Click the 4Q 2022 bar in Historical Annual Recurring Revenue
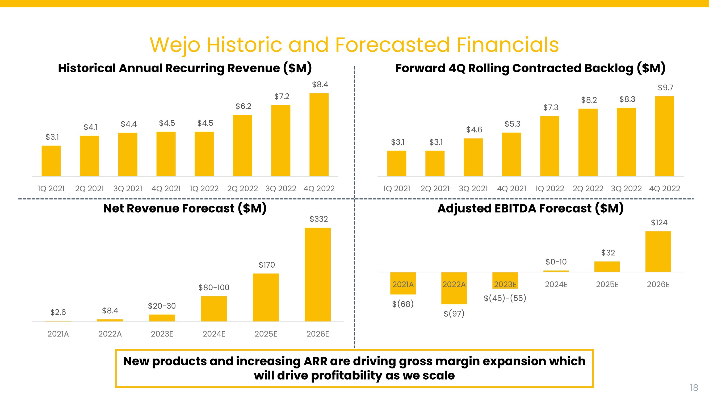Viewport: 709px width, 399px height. [x=319, y=135]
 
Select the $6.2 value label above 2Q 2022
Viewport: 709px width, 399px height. [x=243, y=106]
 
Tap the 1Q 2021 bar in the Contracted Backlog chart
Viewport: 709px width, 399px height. [x=396, y=163]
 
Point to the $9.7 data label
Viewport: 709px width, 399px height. [x=665, y=88]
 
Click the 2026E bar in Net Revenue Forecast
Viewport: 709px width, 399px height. [x=317, y=274]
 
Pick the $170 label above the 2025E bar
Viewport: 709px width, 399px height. [x=266, y=265]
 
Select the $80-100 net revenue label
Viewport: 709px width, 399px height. [x=213, y=288]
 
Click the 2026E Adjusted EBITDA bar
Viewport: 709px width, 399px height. [x=658, y=251]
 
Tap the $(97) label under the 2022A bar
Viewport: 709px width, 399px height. [x=454, y=314]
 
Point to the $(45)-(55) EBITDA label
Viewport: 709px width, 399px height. [x=505, y=298]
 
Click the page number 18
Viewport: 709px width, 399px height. [x=694, y=388]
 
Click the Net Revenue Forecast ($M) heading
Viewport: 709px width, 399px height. [x=185, y=209]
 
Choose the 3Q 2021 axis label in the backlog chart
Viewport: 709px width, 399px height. [x=473, y=189]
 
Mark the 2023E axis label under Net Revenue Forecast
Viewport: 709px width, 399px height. [x=162, y=334]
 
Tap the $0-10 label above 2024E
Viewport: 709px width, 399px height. [x=556, y=262]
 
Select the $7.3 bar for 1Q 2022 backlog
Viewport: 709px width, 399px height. [x=549, y=146]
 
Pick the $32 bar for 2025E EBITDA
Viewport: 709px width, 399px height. [x=607, y=267]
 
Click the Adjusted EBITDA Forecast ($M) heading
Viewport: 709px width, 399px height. [x=530, y=209]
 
